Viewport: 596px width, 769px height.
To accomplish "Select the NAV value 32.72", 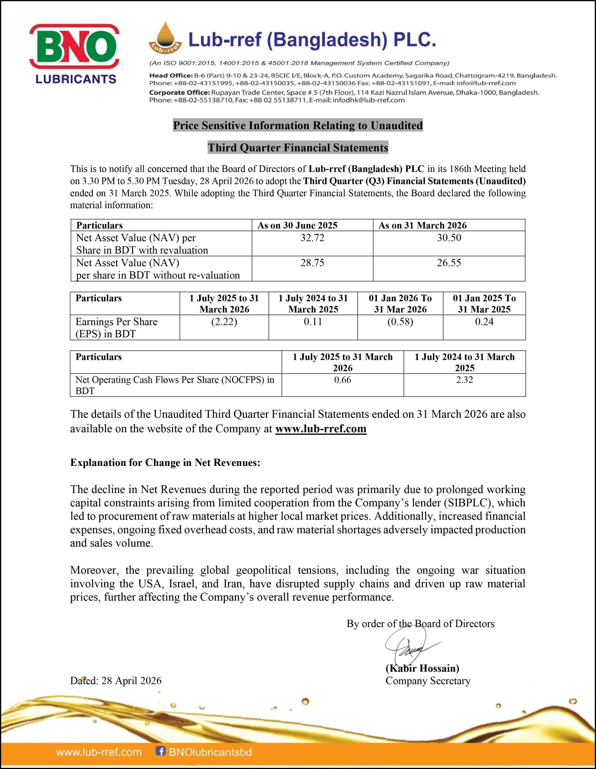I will [312, 238].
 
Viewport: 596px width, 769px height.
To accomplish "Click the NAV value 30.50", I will [449, 238].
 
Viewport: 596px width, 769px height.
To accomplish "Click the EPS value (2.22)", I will [224, 321].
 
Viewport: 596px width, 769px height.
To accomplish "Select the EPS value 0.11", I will [313, 321].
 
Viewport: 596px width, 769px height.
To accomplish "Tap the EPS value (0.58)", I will [400, 321].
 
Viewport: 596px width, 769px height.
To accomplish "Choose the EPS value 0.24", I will [484, 321].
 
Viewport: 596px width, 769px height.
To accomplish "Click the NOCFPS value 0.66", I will [343, 380].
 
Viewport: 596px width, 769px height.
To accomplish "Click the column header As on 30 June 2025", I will [298, 225].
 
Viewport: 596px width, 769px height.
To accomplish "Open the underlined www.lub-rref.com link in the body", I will [321, 429].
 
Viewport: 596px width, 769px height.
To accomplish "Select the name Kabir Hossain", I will [422, 668].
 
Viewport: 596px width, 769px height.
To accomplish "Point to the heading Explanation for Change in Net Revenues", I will [165, 462].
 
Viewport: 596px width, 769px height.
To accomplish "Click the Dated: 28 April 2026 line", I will [116, 681].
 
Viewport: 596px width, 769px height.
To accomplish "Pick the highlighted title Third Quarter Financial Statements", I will [298, 147].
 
